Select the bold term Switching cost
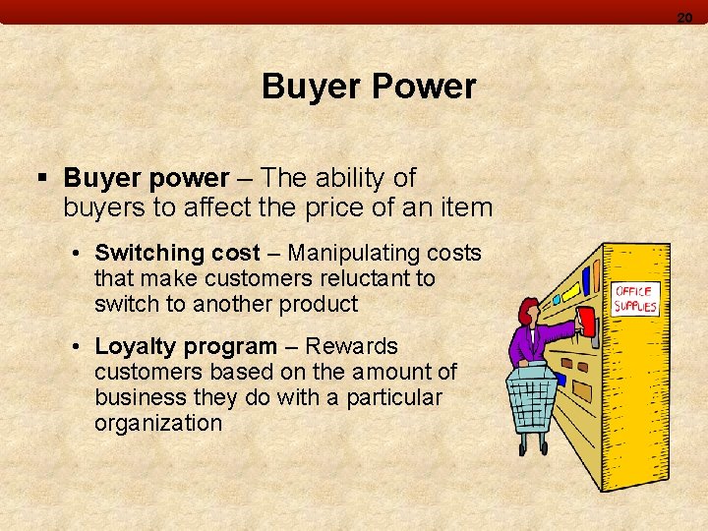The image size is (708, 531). pos(177,253)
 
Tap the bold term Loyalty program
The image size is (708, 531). pos(186,346)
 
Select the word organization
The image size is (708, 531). pos(158,423)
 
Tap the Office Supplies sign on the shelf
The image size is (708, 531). pos(635,299)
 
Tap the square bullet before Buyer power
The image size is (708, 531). pos(41,178)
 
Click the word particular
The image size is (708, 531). pos(395,397)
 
